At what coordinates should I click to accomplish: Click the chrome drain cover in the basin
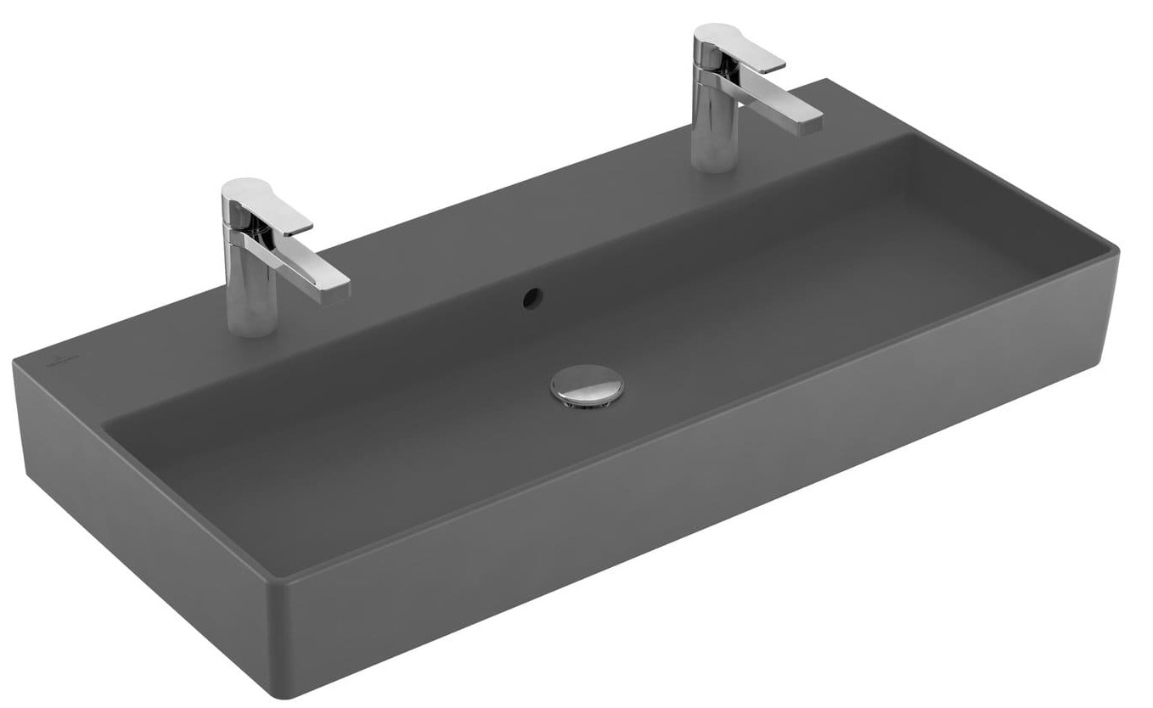pos(586,383)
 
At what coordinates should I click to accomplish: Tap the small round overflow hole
pos(532,296)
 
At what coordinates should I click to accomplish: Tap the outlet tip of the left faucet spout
pos(337,289)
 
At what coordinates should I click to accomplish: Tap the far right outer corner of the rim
pos(1117,251)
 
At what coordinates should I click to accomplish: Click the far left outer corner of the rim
pos(14,361)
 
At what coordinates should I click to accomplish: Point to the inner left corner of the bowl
pos(106,422)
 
